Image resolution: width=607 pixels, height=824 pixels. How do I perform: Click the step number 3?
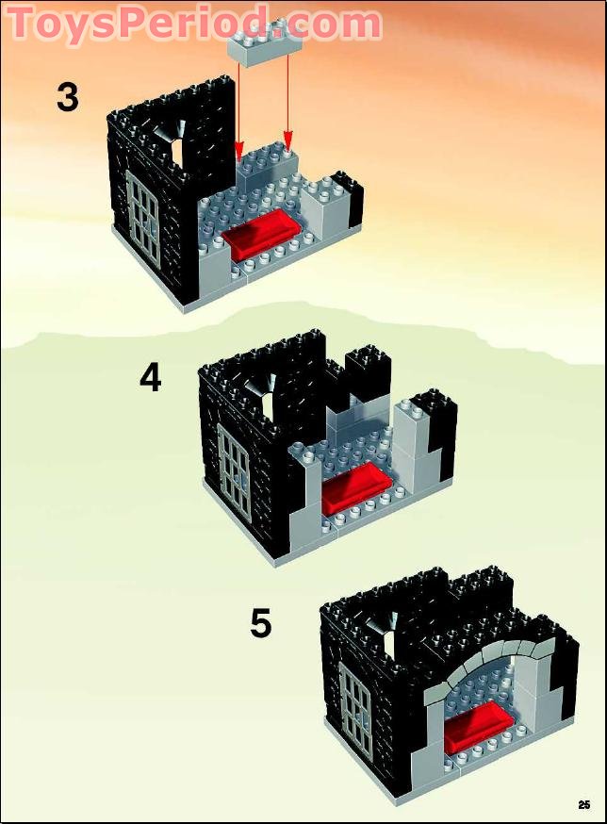[x=67, y=96]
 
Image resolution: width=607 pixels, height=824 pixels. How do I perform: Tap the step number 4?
[x=150, y=378]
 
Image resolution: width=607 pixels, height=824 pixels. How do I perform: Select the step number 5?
[x=261, y=623]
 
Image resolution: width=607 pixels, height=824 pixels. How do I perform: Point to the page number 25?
[x=584, y=804]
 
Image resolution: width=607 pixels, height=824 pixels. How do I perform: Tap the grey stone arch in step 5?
[x=483, y=660]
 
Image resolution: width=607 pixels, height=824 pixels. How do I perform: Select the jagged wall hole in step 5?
[x=386, y=625]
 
